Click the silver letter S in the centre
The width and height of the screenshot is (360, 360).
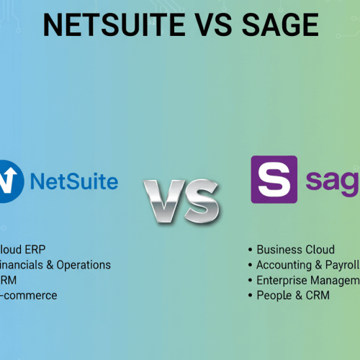click(x=202, y=200)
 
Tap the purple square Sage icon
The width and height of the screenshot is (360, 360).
click(x=274, y=179)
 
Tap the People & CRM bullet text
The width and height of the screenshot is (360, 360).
click(x=292, y=295)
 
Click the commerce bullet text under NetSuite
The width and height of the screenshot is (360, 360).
click(x=30, y=295)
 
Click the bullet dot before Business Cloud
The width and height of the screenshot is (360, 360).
click(x=250, y=250)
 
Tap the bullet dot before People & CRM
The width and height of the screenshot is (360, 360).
click(x=250, y=295)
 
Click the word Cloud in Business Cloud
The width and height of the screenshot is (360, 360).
click(x=320, y=250)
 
